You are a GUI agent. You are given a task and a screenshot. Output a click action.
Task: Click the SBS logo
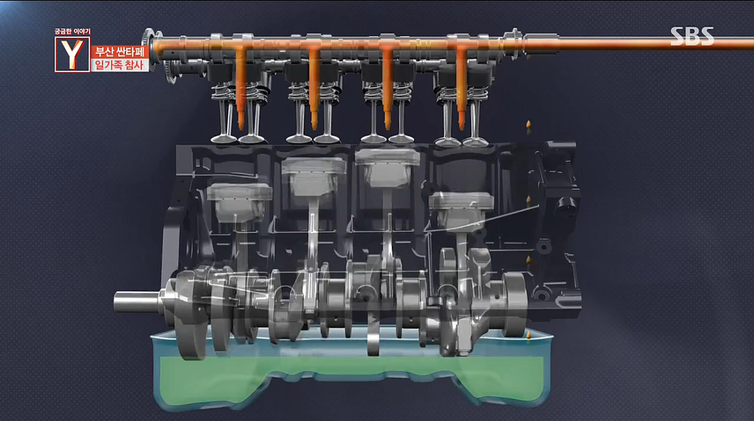click(692, 36)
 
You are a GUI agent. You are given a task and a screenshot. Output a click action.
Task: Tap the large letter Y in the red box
click(72, 54)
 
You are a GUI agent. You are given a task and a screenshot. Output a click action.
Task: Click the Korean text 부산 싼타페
click(120, 52)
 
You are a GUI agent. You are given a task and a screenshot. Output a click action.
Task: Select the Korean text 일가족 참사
click(120, 65)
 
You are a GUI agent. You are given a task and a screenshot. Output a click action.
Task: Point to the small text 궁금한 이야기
click(72, 32)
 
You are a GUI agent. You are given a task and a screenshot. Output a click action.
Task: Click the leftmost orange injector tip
click(241, 125)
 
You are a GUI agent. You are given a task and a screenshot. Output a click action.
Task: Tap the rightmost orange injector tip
click(462, 125)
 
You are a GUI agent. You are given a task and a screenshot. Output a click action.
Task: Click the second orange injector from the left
click(314, 88)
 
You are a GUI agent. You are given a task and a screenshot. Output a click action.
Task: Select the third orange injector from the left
click(387, 88)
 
